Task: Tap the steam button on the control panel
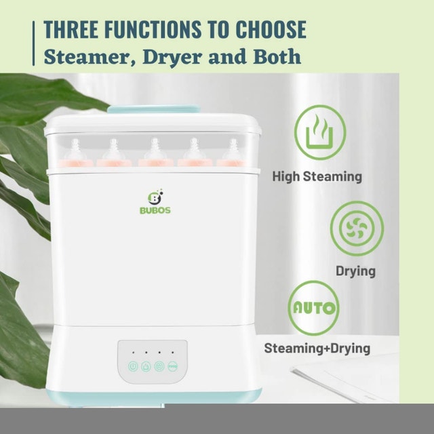[146, 366]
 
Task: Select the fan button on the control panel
[159, 366]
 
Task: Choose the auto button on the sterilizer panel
[173, 366]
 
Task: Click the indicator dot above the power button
[133, 353]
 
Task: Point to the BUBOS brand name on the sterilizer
[155, 210]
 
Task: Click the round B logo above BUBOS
[155, 197]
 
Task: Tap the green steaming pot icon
[320, 132]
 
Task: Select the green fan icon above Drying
[357, 229]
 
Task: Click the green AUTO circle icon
[313, 308]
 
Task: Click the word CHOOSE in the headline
[271, 29]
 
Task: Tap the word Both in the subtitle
[277, 56]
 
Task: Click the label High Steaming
[317, 176]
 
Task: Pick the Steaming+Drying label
[317, 348]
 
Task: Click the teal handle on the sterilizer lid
[153, 109]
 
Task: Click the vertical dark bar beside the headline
[34, 43]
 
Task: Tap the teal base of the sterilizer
[154, 397]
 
